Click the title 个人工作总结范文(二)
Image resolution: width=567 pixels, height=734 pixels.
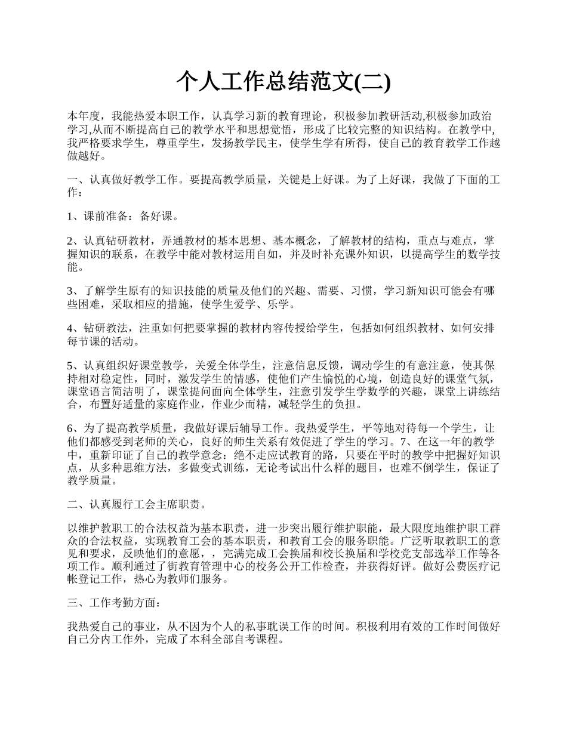[x=283, y=82]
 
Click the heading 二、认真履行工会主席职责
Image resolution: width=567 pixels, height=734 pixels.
[x=137, y=504]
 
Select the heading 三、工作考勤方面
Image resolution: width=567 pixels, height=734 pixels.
[x=114, y=603]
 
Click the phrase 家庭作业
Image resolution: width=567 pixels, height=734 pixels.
[x=174, y=405]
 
